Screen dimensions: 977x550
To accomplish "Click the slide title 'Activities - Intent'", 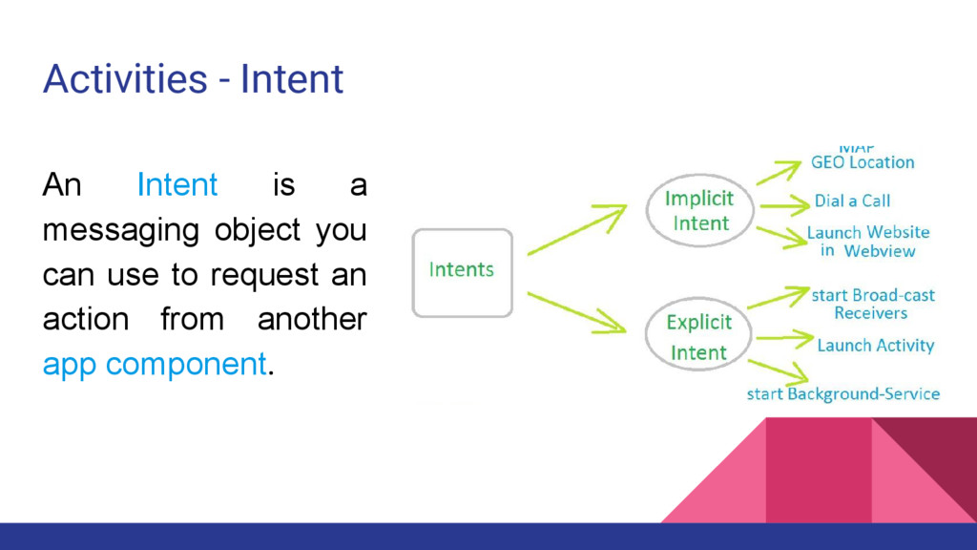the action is [x=193, y=78].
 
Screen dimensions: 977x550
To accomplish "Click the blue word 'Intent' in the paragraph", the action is [x=177, y=184].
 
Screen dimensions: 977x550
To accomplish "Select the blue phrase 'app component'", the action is [x=154, y=364].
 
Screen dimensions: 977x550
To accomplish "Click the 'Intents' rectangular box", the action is [x=462, y=272].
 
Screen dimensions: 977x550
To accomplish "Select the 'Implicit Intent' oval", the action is [x=700, y=211].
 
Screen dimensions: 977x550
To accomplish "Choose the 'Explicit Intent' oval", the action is [x=699, y=337].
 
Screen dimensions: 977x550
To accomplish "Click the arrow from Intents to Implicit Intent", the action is [x=576, y=230].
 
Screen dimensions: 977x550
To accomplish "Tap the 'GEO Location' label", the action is [x=862, y=162].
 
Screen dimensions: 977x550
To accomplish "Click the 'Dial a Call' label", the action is [x=852, y=201].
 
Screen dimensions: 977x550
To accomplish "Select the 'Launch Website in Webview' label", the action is [x=867, y=242].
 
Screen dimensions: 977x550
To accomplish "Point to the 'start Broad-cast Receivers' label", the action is [x=872, y=304].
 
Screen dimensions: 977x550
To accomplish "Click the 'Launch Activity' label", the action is [x=875, y=345].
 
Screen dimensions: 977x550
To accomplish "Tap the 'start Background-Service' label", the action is [x=842, y=393].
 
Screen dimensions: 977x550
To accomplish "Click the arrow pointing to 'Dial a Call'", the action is [x=784, y=202].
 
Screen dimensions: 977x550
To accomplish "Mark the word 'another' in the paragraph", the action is [x=311, y=320].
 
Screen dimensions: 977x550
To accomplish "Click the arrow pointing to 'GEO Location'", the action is [x=779, y=172].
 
